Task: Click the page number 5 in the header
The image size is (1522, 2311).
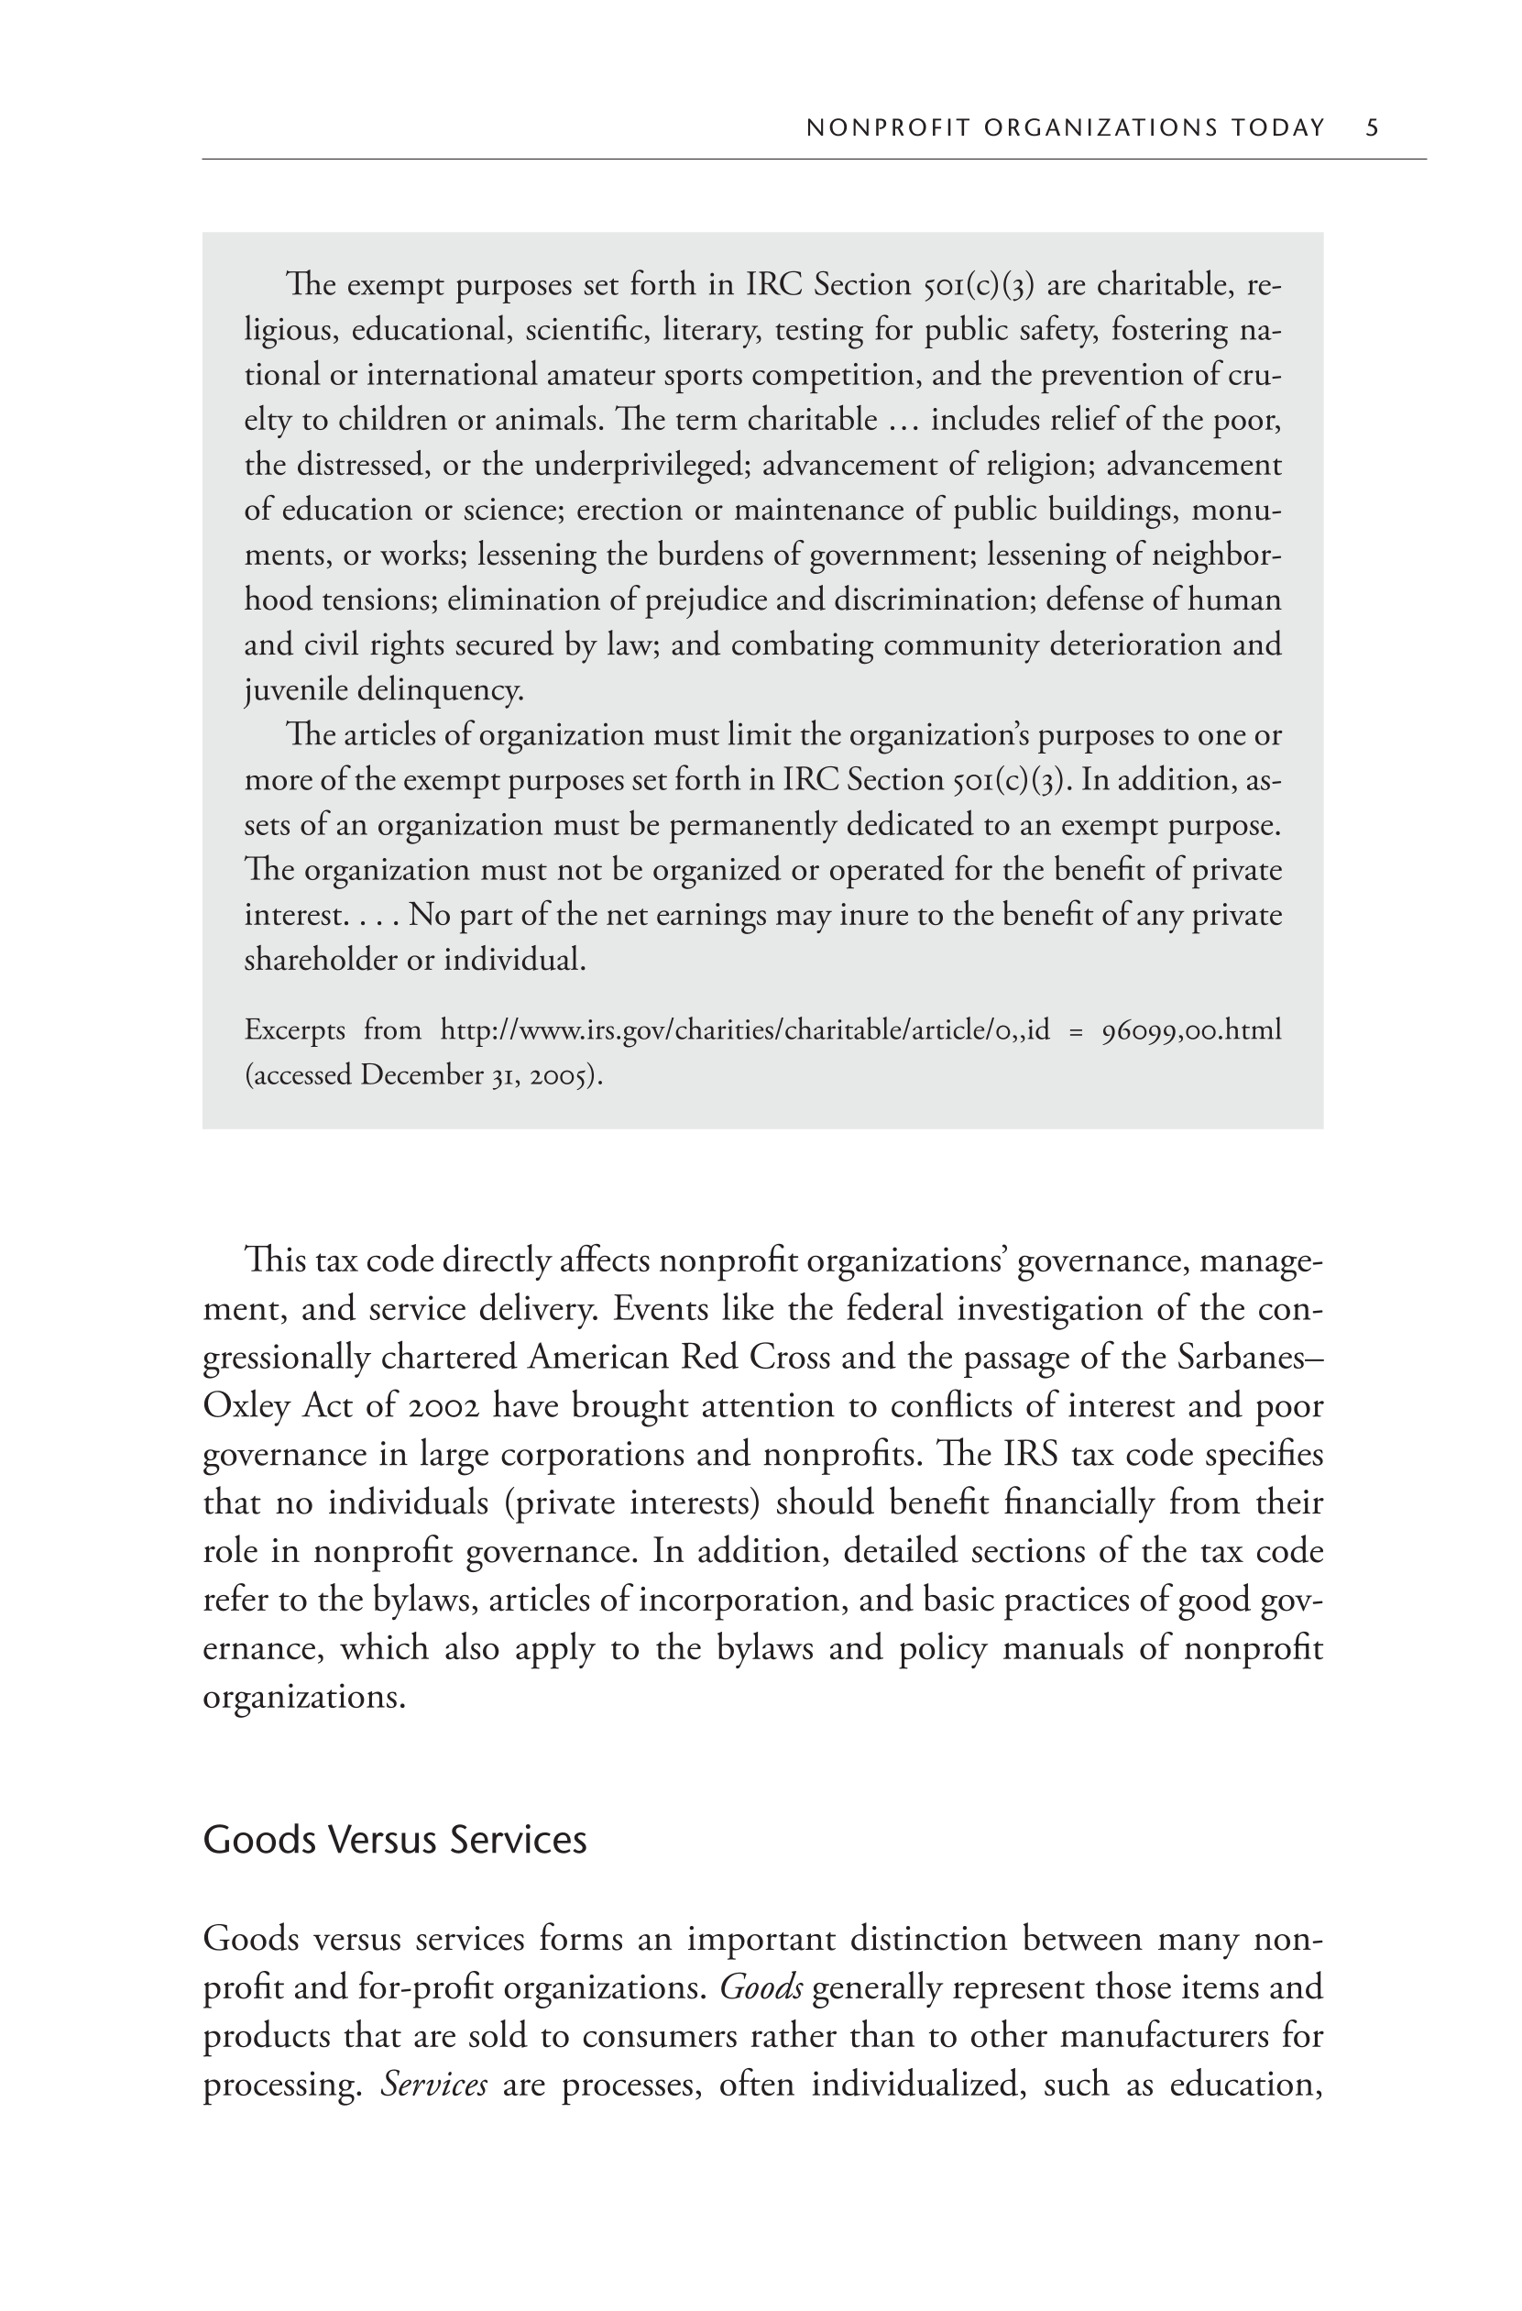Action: [1372, 127]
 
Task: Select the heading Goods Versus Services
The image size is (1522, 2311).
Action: [394, 1839]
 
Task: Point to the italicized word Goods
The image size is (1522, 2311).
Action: [761, 1986]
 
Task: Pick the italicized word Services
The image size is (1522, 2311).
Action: [434, 2084]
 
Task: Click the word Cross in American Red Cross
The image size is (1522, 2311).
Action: [790, 1357]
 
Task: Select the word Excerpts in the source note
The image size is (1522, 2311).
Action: [294, 1029]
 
